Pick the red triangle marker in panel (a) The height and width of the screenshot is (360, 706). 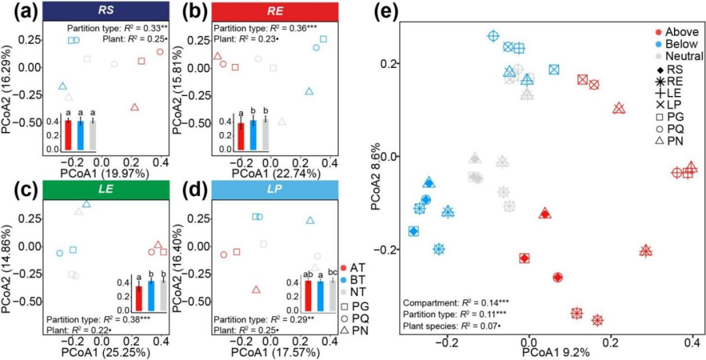click(x=135, y=106)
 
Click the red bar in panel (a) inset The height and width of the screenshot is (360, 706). click(x=67, y=135)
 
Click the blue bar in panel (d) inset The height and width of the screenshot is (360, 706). click(x=321, y=295)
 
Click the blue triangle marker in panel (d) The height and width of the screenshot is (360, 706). click(x=310, y=221)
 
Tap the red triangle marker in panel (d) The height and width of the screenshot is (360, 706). click(x=256, y=289)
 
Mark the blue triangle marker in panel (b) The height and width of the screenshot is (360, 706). click(x=309, y=91)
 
